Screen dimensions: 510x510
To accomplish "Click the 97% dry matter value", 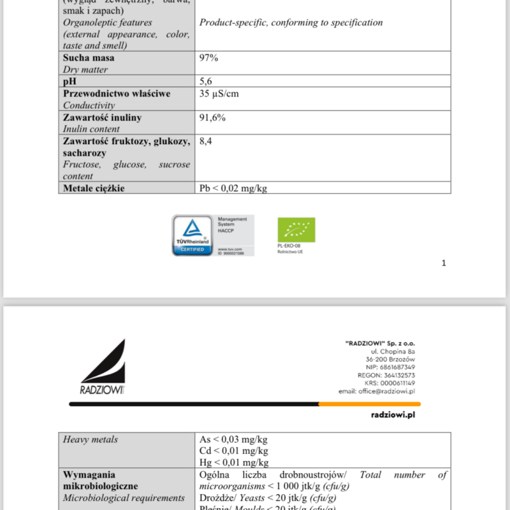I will [209, 58].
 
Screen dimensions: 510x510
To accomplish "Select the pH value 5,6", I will [206, 82].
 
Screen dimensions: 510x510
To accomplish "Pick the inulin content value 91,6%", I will [212, 118].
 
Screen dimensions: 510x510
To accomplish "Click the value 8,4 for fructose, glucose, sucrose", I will [206, 142].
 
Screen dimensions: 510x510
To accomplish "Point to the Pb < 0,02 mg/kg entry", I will [232, 188].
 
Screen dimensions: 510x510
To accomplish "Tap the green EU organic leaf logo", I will [296, 229].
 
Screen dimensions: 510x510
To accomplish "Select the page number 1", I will [444, 263].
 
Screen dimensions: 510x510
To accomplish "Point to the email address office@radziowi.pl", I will [377, 391].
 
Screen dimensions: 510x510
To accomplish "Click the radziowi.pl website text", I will [393, 414].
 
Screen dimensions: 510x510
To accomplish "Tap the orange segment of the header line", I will [369, 404].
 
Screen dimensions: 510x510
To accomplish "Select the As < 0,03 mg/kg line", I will [234, 439].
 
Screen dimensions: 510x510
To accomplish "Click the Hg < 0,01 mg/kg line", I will [234, 462].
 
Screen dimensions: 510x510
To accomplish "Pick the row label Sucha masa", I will [89, 58].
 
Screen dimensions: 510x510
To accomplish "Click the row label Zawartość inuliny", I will [102, 118].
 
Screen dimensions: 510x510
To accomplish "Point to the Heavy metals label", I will [91, 439].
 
